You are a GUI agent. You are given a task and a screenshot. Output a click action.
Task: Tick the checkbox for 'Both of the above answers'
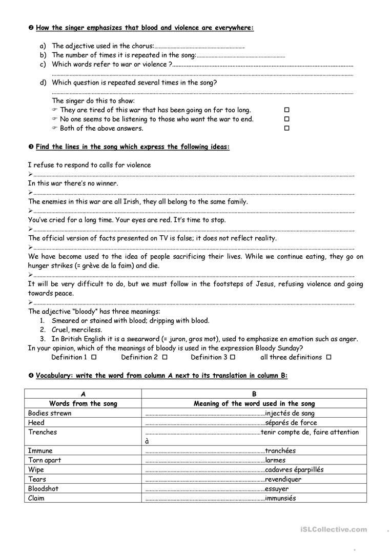pos(287,128)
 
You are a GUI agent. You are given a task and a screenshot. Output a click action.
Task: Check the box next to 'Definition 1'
pos(94,357)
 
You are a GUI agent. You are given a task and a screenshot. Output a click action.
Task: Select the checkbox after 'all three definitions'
pos(328,357)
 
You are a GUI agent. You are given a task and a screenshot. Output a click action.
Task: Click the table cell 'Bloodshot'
pos(43,488)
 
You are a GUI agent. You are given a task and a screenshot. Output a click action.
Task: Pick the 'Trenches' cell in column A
pos(43,432)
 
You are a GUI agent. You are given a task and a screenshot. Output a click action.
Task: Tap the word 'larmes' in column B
pos(276,460)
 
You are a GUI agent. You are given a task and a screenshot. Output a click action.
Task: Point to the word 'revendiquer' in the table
pos(283,479)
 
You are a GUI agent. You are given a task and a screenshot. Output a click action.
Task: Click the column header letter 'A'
pos(83,394)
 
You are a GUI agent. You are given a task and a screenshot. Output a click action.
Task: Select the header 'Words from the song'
pos(83,403)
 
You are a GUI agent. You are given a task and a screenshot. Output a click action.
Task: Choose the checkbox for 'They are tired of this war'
pos(287,110)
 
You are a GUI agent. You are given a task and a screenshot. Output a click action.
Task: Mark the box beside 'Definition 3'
pos(233,357)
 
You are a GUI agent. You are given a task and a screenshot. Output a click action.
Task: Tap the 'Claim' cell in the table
pos(36,498)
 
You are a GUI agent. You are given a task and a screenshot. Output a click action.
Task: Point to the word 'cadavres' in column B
pos(280,469)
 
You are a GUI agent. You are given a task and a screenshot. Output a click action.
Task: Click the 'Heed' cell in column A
pos(36,423)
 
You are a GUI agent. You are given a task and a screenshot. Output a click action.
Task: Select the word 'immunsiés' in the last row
pos(280,498)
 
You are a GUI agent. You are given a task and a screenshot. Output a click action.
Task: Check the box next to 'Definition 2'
pos(165,357)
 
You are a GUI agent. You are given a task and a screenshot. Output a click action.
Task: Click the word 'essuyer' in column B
pos(277,488)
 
